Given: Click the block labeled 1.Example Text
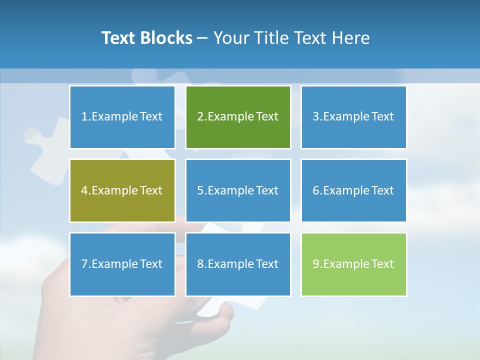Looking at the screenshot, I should [122, 117].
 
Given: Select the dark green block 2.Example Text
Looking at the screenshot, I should [238, 117].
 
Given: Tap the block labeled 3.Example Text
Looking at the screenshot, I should [353, 117].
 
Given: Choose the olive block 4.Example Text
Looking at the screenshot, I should [122, 190].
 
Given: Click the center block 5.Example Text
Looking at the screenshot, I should [238, 190].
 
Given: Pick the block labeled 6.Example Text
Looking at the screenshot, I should [353, 190].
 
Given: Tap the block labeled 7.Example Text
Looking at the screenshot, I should [122, 264].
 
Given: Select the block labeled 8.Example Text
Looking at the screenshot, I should [238, 264].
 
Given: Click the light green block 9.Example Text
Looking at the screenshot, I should [353, 264].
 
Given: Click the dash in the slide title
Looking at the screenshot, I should [202, 38].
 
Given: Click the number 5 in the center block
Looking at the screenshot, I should [200, 190].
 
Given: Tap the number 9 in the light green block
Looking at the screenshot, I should [316, 264].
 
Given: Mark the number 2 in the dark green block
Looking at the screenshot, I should [200, 117].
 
